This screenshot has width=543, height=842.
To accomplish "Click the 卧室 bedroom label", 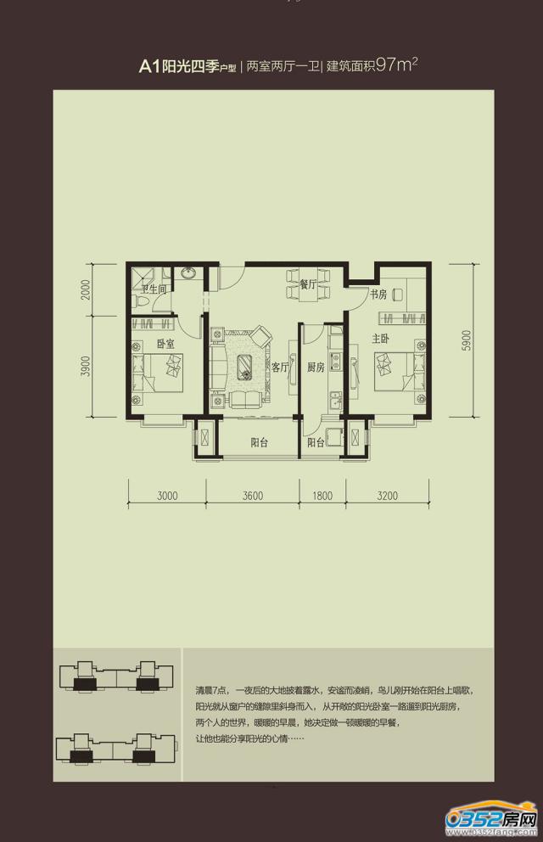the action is tap(165, 343).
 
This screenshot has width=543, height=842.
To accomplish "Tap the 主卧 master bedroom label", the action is tap(380, 339).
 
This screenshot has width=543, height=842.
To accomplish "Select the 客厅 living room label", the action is tap(280, 368).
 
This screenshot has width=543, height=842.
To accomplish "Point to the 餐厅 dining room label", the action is tap(308, 284).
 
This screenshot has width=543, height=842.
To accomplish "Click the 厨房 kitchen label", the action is tap(316, 368).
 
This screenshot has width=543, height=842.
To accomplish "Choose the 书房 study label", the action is tap(378, 295).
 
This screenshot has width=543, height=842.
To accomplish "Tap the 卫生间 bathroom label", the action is tap(154, 289).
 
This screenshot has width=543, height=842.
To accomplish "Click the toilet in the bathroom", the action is tap(140, 301).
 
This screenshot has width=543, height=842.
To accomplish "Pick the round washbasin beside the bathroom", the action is tap(188, 273).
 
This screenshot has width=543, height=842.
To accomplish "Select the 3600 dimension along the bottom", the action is tap(253, 495).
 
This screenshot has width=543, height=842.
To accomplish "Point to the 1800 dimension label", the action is tap(322, 495).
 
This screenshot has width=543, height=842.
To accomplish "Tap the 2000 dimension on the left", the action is tap(87, 289).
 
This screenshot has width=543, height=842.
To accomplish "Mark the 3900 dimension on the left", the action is tap(87, 366).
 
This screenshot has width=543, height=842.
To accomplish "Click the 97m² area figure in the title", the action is tap(397, 65).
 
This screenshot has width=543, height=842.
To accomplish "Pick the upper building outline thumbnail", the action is tap(116, 679).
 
